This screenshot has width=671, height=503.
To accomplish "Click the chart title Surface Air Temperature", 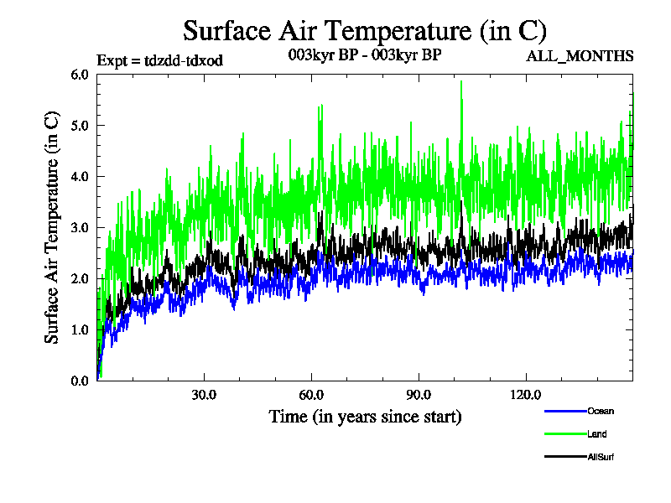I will pyautogui.click(x=365, y=31).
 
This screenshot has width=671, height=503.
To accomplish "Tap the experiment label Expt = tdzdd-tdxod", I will pyautogui.click(x=160, y=60).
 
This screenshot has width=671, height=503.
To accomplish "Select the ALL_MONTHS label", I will pyautogui.click(x=580, y=57).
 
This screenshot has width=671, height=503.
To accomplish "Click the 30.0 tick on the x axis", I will pyautogui.click(x=204, y=395).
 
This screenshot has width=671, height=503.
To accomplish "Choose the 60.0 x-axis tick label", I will pyautogui.click(x=311, y=395).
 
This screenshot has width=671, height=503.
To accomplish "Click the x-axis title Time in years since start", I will pyautogui.click(x=365, y=416).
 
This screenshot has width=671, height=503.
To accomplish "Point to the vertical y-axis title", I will pyautogui.click(x=52, y=227).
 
